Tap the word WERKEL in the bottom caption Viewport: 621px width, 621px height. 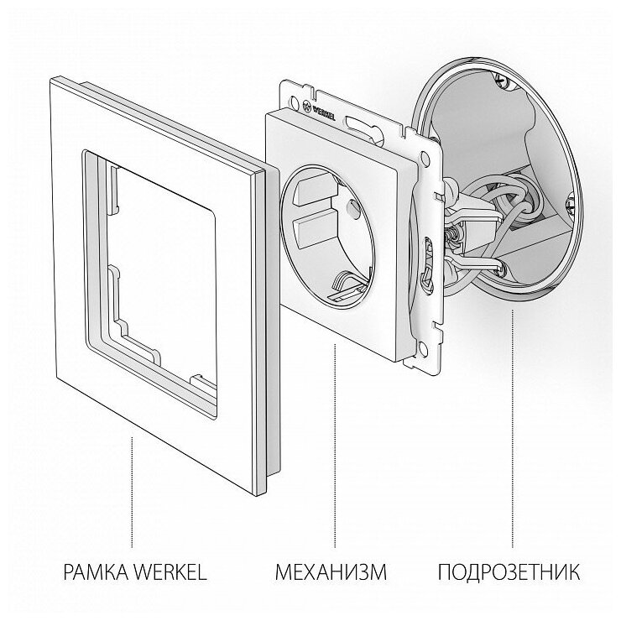173,574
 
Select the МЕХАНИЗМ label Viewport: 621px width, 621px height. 331,574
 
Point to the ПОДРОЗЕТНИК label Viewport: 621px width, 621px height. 509,574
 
